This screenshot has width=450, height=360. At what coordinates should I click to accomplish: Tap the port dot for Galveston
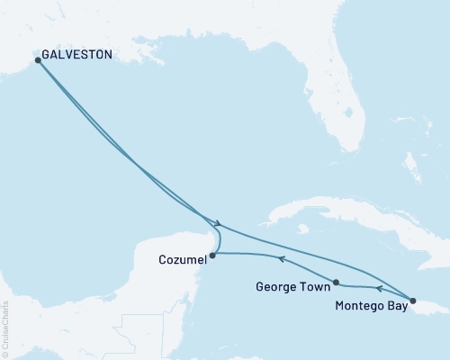click(38, 60)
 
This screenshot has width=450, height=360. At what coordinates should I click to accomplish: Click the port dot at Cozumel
click(212, 256)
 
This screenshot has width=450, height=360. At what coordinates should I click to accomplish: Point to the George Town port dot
click(336, 282)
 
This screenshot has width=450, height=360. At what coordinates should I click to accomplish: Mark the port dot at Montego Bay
click(413, 301)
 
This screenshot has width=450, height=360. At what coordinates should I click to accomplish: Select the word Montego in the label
click(357, 306)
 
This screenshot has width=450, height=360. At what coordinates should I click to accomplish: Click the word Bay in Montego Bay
click(395, 306)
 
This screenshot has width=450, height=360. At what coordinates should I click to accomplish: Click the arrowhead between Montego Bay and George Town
click(378, 289)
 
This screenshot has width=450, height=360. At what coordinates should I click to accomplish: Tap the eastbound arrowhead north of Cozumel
click(218, 222)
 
